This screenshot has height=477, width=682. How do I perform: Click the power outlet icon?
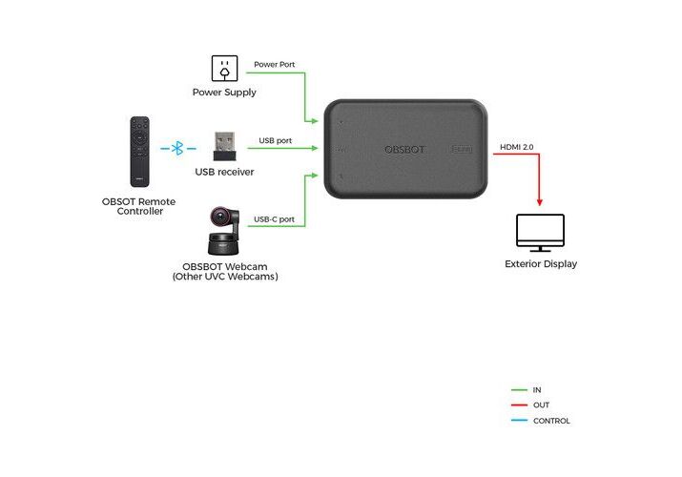(x=224, y=69)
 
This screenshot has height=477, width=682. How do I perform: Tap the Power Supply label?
(x=224, y=93)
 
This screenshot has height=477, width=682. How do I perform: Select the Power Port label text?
(x=275, y=65)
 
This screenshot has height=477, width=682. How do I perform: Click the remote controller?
(x=140, y=151)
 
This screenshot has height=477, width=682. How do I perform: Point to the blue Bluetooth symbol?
(x=176, y=149)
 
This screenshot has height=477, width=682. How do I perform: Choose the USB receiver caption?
(x=224, y=172)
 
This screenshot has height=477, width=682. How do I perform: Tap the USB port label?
(x=276, y=140)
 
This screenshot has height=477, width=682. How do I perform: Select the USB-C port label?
(x=274, y=219)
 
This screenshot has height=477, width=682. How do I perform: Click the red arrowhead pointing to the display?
(x=540, y=201)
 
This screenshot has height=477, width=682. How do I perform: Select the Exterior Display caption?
(x=541, y=264)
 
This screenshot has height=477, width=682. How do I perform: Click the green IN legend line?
(x=519, y=390)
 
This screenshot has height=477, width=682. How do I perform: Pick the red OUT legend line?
(x=519, y=405)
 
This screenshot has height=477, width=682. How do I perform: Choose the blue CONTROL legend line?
(x=519, y=421)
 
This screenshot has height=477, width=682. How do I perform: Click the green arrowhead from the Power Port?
(x=314, y=121)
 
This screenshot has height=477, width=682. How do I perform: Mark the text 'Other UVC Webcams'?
(x=225, y=277)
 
